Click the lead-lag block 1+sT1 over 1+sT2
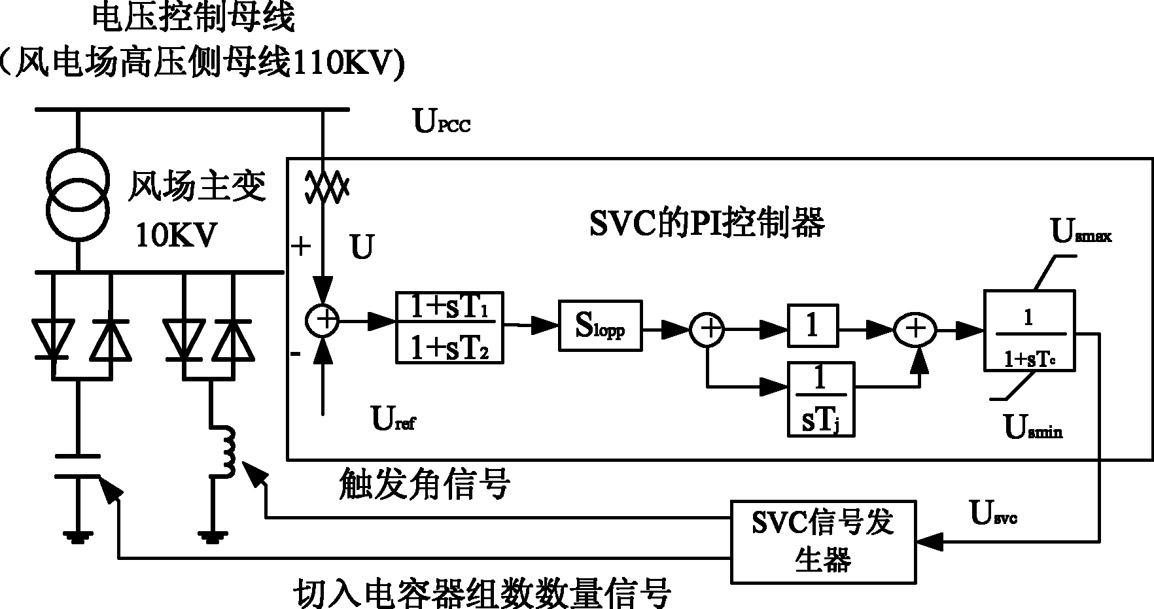(451, 327)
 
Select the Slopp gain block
(600, 326)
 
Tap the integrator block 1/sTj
(821, 399)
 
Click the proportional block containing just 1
(813, 325)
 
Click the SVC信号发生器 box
(823, 542)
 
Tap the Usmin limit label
(1033, 427)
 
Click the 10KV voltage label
(175, 235)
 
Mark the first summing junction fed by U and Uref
(323, 321)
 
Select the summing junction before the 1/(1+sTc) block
(915, 327)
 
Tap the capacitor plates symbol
(77, 465)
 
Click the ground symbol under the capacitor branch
(77, 536)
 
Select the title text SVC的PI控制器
(707, 222)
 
